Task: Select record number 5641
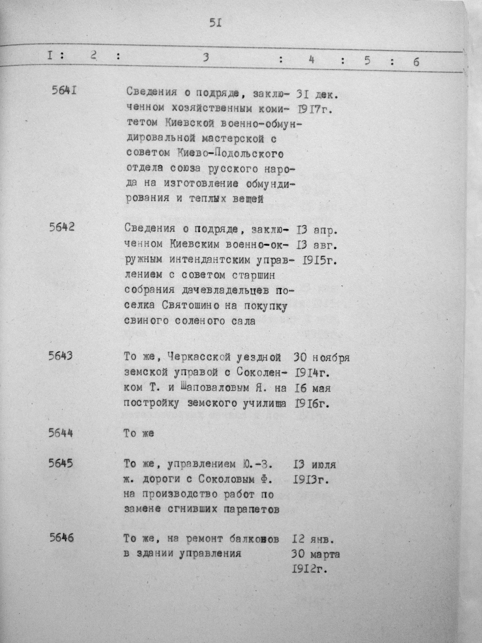(x=64, y=91)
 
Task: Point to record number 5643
(x=61, y=356)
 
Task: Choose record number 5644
(x=61, y=433)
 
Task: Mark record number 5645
(x=61, y=463)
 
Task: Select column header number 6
(x=416, y=62)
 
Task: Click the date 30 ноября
(x=322, y=357)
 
